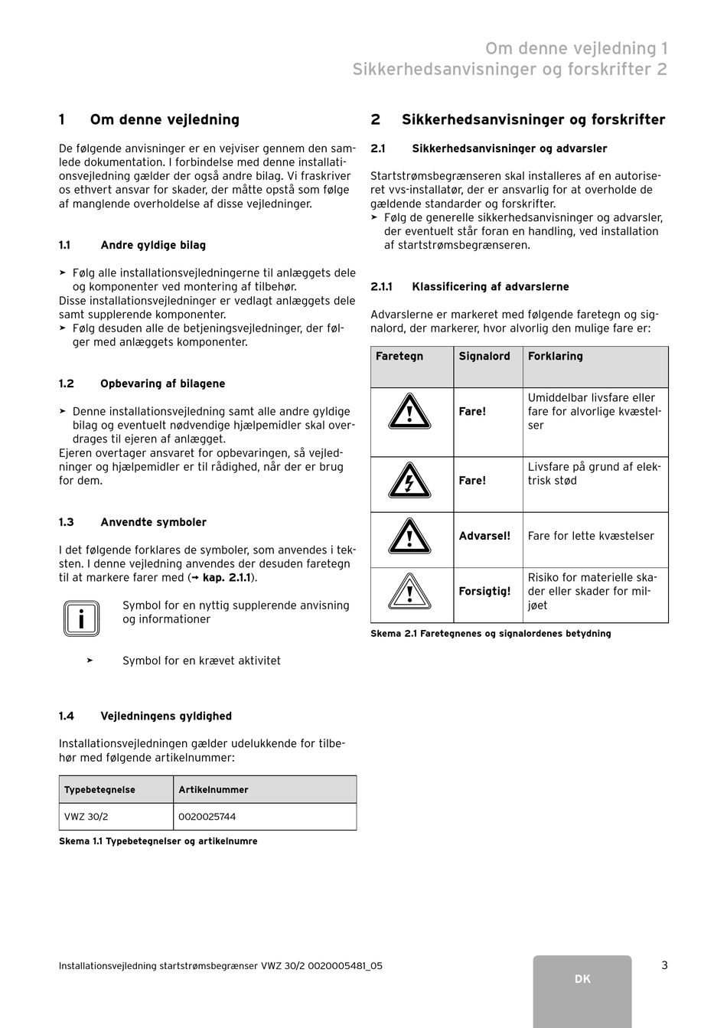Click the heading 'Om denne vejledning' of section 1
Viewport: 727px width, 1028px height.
165,119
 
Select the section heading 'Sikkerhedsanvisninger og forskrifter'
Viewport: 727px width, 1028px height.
533,119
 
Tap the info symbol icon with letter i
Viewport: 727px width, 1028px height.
81,618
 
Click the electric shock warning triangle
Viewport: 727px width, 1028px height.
409,481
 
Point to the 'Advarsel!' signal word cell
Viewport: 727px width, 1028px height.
484,536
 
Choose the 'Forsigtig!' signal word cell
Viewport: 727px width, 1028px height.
484,591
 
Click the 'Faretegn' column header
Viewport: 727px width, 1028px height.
399,356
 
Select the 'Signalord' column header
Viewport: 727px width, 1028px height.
484,356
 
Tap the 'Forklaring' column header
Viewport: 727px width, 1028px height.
556,356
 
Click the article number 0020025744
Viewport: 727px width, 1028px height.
207,817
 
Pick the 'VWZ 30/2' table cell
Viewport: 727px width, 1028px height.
86,817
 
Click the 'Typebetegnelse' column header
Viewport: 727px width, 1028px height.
99,789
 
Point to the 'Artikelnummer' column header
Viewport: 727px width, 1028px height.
214,789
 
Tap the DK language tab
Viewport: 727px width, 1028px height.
582,979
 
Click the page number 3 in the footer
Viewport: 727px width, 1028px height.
664,965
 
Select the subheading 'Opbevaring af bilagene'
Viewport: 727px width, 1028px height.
163,383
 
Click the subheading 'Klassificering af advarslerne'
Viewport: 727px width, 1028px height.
491,286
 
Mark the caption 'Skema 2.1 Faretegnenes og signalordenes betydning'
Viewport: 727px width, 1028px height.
491,634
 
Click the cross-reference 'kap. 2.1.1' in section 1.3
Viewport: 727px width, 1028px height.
227,578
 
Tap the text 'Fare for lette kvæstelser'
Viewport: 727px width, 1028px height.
591,536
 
